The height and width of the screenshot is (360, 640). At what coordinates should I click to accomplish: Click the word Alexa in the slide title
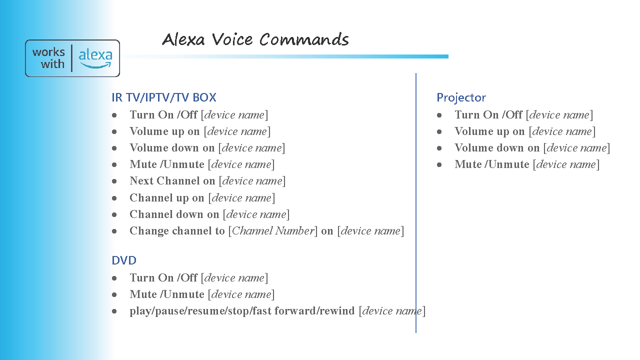coord(183,39)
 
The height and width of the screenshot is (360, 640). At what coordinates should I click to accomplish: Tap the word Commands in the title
coord(304,39)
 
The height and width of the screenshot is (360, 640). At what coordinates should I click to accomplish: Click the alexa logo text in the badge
coord(95,55)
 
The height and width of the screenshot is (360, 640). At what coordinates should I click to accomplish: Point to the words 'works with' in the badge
coord(48,58)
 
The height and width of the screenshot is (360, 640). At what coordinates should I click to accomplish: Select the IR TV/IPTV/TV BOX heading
coord(163,97)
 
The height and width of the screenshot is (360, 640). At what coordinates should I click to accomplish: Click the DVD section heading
coord(124,260)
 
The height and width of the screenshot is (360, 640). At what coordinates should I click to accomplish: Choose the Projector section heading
coord(461,97)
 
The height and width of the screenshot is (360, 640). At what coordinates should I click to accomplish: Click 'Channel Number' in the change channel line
coord(273,230)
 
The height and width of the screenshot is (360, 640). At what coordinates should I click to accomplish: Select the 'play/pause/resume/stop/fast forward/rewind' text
coord(242,311)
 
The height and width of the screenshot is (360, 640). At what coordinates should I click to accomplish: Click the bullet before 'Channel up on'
coord(114,198)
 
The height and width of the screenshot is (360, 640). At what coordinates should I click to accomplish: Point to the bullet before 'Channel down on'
coord(114,214)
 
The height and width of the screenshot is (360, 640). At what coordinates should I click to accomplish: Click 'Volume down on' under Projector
coord(497,147)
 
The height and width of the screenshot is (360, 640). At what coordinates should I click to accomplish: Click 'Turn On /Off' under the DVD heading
coord(163,277)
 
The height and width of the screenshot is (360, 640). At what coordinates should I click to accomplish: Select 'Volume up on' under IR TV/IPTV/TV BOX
coord(164,131)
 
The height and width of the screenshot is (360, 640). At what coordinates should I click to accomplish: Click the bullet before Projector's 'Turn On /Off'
coord(439,115)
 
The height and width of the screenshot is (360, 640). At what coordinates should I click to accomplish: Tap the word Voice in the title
coord(232,39)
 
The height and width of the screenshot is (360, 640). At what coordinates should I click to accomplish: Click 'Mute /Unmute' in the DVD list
coord(167,294)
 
